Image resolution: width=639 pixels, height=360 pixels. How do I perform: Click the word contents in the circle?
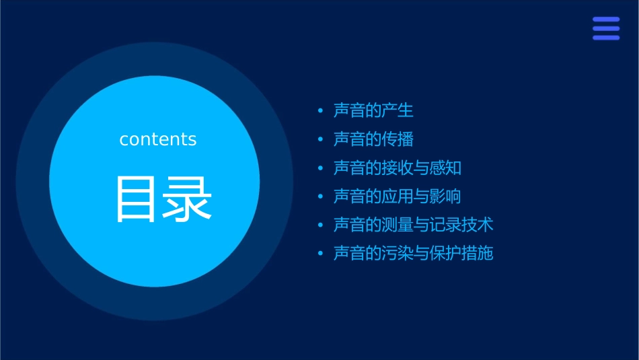pyautogui.click(x=158, y=139)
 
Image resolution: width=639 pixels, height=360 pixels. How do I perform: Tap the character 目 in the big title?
pyautogui.click(x=137, y=200)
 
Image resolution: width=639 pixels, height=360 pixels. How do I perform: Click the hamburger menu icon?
pyautogui.click(x=606, y=29)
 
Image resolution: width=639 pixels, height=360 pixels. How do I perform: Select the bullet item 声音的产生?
pyautogui.click(x=373, y=110)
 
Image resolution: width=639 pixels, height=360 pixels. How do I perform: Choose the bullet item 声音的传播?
pyautogui.click(x=373, y=139)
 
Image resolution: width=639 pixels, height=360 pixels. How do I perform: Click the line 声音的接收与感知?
pyautogui.click(x=397, y=168)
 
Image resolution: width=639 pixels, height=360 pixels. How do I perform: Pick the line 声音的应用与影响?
pyautogui.click(x=397, y=196)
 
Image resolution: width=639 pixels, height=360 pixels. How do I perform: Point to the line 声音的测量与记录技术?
pyautogui.click(x=413, y=225)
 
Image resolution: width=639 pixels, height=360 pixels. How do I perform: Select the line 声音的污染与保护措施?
pyautogui.click(x=413, y=254)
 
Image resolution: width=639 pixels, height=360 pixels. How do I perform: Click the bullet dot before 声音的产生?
pyautogui.click(x=321, y=110)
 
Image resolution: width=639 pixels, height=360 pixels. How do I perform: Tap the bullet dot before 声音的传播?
pyautogui.click(x=321, y=139)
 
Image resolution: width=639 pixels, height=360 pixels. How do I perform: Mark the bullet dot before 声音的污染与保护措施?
pyautogui.click(x=321, y=254)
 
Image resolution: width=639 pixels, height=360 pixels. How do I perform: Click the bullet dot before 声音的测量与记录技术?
pyautogui.click(x=321, y=225)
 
